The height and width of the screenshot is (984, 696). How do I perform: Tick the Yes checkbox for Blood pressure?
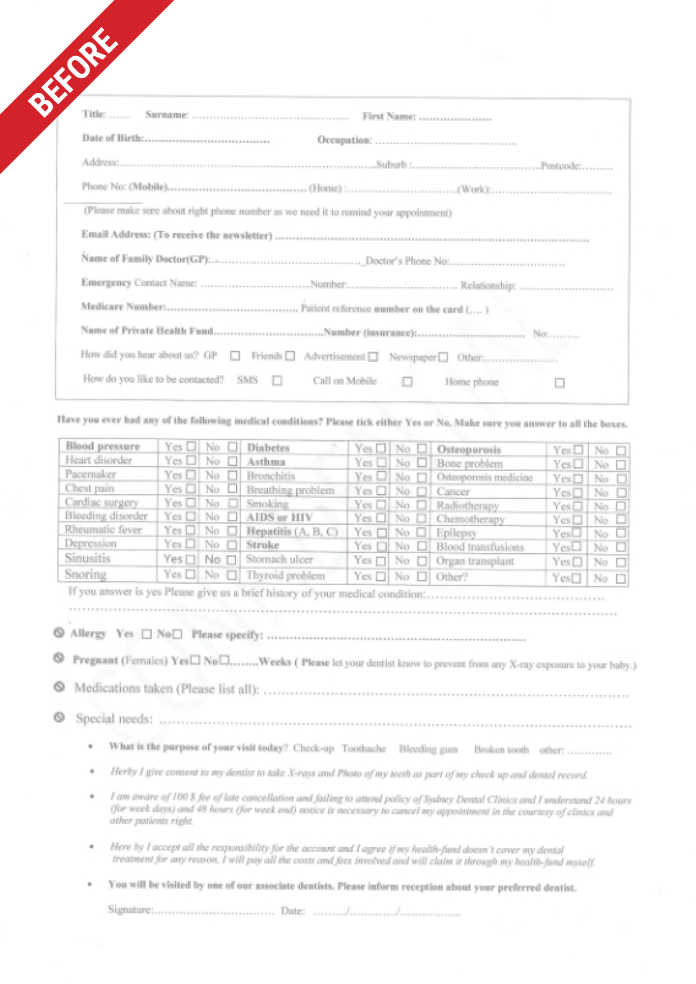click(191, 446)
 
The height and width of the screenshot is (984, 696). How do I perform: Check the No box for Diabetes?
click(422, 449)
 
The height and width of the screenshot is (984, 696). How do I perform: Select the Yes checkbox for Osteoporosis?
click(577, 450)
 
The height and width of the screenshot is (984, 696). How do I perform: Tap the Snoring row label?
click(85, 574)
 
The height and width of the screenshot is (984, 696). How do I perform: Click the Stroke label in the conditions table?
click(263, 545)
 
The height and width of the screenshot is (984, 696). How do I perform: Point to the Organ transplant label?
click(475, 561)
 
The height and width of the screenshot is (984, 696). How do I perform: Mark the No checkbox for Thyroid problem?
click(422, 576)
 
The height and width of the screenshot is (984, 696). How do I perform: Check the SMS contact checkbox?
click(277, 381)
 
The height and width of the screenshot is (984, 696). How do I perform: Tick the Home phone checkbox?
click(559, 383)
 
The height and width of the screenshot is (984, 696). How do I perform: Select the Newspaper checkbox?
click(443, 357)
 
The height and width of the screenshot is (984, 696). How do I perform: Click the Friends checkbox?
click(290, 356)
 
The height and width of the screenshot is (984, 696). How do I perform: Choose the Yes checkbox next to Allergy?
click(147, 634)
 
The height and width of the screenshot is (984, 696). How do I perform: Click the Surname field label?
click(166, 115)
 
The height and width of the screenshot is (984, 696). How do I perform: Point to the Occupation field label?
click(344, 139)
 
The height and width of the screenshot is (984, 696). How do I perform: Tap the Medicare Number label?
click(123, 306)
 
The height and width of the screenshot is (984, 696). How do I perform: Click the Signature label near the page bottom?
click(130, 909)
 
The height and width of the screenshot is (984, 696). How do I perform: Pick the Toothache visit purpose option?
click(364, 748)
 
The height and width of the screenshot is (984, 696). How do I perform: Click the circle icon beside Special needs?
click(59, 717)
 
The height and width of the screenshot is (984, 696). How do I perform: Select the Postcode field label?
click(561, 165)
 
